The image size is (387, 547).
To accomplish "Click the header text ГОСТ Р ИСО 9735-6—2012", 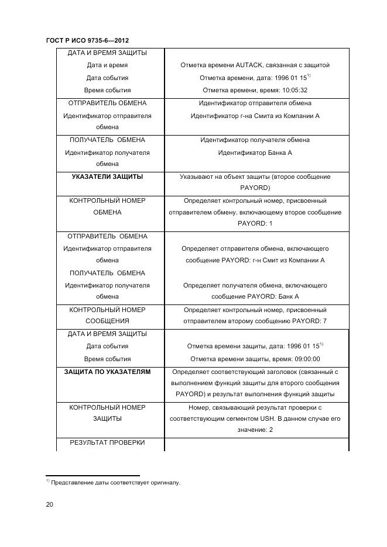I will (x=87, y=40).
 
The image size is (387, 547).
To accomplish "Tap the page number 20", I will (x=50, y=504).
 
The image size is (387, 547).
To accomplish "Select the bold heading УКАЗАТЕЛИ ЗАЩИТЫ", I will (x=107, y=176).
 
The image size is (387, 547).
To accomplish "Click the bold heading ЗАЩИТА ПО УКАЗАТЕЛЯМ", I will (x=107, y=372).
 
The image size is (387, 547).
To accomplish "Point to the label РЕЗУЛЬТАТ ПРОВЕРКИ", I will (x=107, y=443).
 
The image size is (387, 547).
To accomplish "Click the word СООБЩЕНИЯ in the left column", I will (x=107, y=321).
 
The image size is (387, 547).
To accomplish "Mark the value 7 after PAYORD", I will (x=324, y=321).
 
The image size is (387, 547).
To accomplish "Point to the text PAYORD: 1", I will (x=255, y=224).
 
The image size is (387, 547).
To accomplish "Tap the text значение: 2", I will (x=255, y=430).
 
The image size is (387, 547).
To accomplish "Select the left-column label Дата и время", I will (x=107, y=65).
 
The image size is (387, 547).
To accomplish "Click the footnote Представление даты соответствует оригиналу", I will (x=115, y=483).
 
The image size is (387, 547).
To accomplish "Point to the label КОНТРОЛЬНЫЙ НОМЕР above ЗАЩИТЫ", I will (x=107, y=407).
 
